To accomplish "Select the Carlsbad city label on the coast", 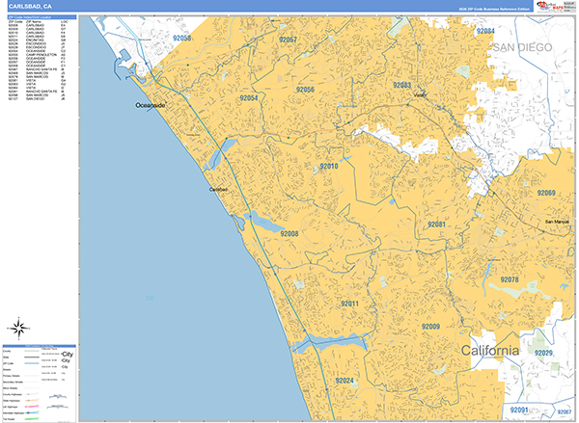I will tap(219, 190).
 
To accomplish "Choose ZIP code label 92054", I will tap(249, 98).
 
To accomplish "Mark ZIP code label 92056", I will tap(305, 90).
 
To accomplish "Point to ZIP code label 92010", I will tap(329, 166).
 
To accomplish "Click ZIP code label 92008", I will tap(289, 233).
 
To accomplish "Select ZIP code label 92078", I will tap(510, 280).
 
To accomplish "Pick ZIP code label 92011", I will tap(349, 304).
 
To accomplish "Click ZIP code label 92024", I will tap(345, 381).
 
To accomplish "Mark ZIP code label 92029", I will tap(543, 353).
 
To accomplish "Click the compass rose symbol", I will tap(19, 326).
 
